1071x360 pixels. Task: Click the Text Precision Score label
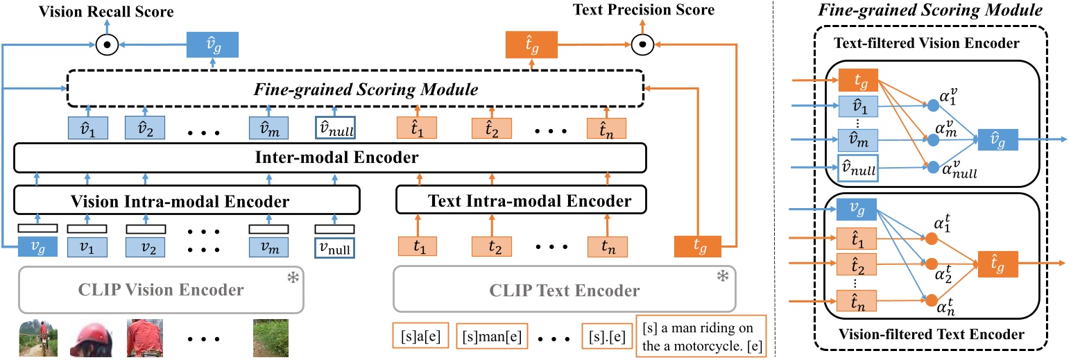tap(642, 10)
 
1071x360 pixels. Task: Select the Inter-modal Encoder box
tap(329, 159)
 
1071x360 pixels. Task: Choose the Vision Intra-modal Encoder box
tap(187, 202)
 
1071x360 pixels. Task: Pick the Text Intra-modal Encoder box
tap(520, 202)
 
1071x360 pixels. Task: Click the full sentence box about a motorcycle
tap(700, 336)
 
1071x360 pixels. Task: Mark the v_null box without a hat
tap(333, 246)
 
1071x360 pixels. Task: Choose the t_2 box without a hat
tap(490, 246)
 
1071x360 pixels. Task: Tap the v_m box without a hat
tap(268, 246)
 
